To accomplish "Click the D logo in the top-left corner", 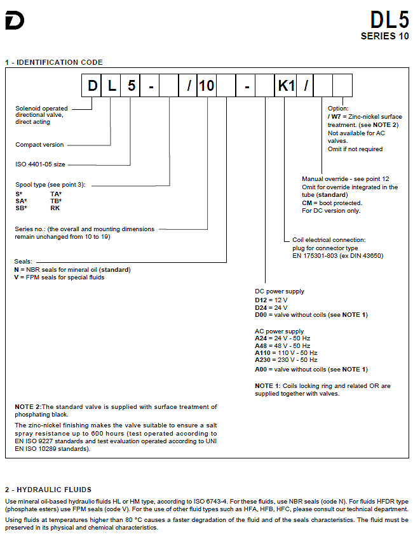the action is [15, 20].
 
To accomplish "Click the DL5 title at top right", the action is [389, 20].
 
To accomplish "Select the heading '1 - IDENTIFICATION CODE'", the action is [54, 62].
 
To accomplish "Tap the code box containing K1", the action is [287, 86].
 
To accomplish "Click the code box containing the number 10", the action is [207, 86].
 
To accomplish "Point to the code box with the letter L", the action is [111, 86].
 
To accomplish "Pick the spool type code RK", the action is [55, 208].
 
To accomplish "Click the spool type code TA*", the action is [56, 194].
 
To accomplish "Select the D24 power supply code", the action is [261, 307].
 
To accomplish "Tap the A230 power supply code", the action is [263, 360].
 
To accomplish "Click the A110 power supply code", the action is [263, 352].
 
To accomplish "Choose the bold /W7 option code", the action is [334, 117].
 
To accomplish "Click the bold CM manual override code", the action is [307, 203].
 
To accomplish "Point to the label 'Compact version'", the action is [39, 145].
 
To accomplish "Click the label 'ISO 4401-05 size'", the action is [40, 164].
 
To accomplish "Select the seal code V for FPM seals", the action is [17, 277].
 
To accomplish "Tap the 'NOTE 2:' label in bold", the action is [28, 407].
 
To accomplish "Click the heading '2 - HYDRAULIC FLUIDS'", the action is [48, 490].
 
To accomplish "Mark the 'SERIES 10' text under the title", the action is [384, 36].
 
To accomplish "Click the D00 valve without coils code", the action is [261, 315].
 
